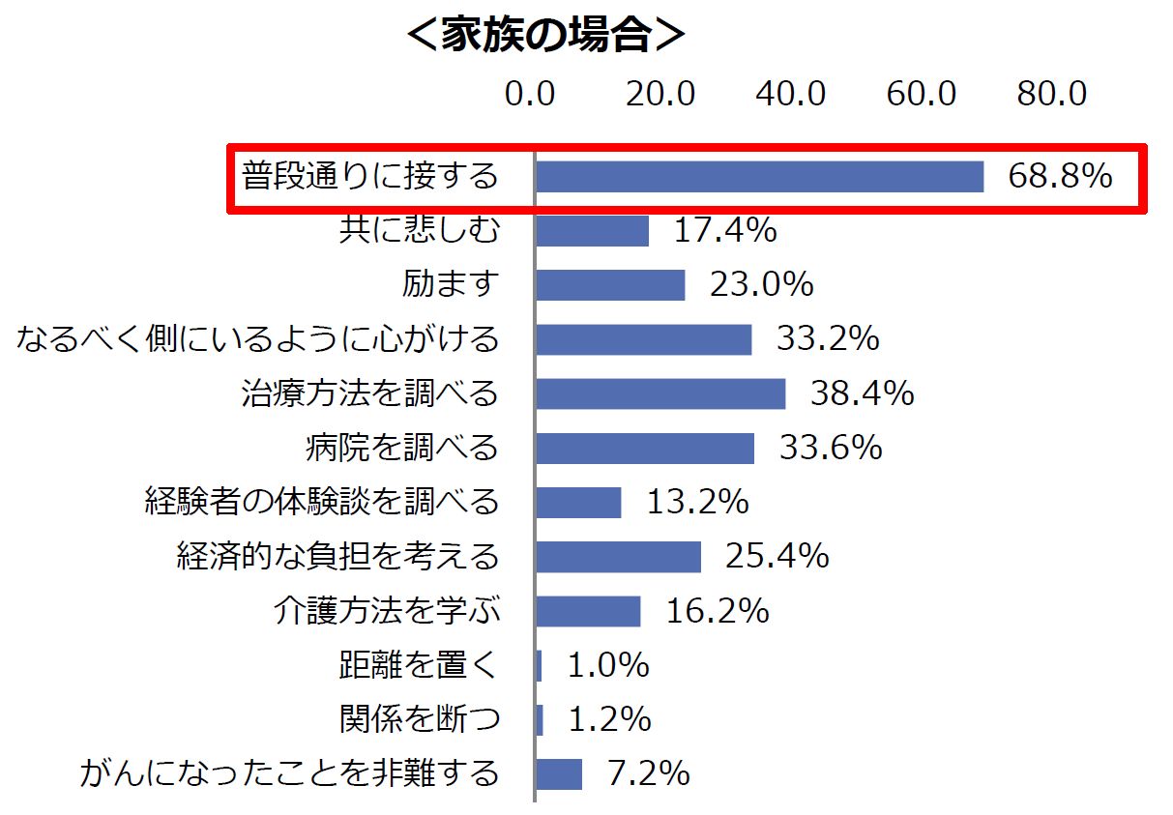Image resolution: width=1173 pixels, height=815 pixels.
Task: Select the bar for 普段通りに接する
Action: point(759,177)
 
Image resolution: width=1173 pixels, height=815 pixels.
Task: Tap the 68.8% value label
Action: point(1060,177)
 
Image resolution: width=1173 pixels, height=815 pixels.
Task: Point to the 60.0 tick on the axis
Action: point(922,94)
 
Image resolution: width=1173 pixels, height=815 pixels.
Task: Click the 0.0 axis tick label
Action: point(530,94)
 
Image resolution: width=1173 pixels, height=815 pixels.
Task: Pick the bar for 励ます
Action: point(610,285)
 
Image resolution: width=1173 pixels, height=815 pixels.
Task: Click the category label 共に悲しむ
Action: point(420,231)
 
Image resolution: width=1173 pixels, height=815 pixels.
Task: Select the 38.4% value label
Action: point(862,393)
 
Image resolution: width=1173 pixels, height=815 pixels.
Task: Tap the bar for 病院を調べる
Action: point(645,448)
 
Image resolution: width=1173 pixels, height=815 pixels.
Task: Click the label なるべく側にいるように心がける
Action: point(257,339)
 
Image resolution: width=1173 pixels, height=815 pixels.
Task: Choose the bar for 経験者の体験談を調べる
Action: point(578,502)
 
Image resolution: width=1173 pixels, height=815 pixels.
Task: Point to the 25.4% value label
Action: point(777,556)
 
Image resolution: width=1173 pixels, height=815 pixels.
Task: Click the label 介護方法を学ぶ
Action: point(387,611)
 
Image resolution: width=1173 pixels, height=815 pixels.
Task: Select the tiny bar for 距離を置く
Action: point(539,665)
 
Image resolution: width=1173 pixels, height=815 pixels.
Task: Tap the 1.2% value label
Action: point(608,719)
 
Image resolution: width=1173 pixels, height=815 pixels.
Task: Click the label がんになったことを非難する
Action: point(290,773)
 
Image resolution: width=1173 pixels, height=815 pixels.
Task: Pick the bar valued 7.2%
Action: point(559,773)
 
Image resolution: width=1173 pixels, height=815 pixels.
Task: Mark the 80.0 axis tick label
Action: point(1052,94)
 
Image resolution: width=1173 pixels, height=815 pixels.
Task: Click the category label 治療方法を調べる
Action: point(370,393)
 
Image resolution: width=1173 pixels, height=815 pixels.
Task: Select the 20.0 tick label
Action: point(660,94)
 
